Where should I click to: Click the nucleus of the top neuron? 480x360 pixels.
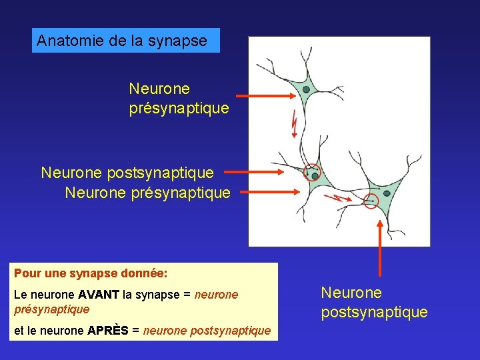pyautogui.click(x=306, y=89)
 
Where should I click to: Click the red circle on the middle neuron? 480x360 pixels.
pyautogui.click(x=311, y=173)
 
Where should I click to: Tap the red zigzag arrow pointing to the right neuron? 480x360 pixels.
pyautogui.click(x=336, y=197)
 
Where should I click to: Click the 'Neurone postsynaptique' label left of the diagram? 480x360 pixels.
pyautogui.click(x=127, y=173)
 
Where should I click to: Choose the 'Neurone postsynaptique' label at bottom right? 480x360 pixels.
pyautogui.click(x=374, y=302)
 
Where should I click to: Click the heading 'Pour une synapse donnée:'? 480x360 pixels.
pyautogui.click(x=90, y=273)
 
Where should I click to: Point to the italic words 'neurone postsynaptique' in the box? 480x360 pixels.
pyautogui.click(x=207, y=330)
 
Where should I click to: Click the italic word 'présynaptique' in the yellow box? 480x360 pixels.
pyautogui.click(x=51, y=309)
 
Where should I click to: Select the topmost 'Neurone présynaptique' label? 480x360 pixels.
pyautogui.click(x=179, y=97)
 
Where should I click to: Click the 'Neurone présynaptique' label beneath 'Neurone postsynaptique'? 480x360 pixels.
pyautogui.click(x=147, y=193)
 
